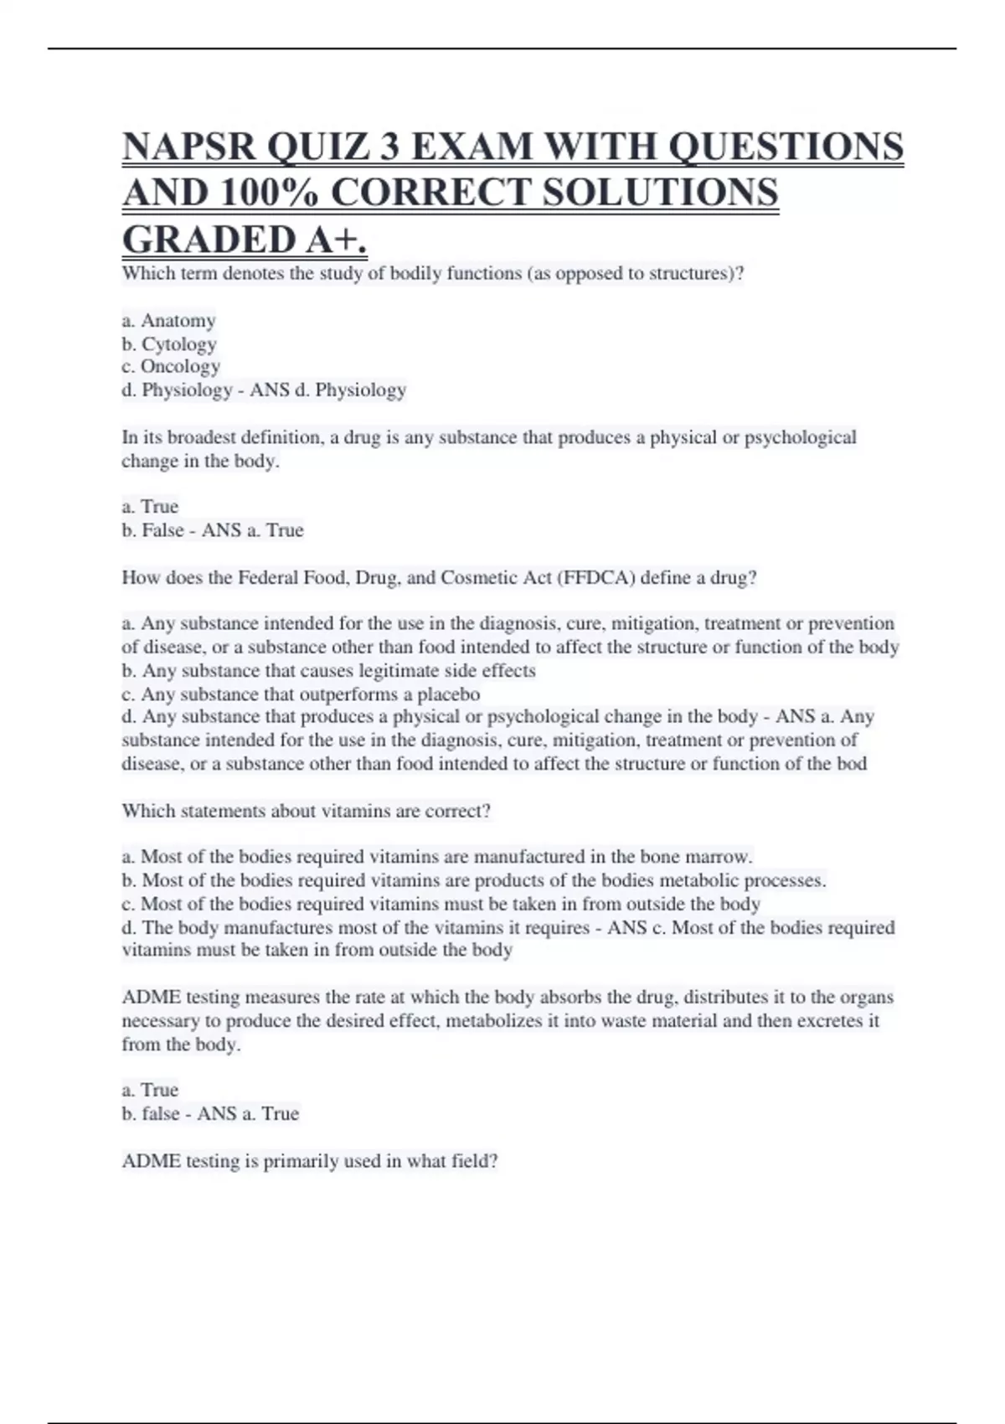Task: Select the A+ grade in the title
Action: point(335,240)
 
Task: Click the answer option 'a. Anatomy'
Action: point(168,321)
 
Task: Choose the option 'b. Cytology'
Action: point(169,344)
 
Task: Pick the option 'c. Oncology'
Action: point(171,367)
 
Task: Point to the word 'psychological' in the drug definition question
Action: point(801,437)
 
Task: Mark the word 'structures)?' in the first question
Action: point(696,274)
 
